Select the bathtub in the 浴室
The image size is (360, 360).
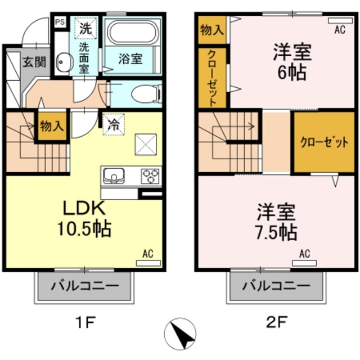coord(133,33)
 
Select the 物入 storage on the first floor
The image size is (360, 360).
coord(51,125)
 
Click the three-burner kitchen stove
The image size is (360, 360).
coord(149,177)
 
